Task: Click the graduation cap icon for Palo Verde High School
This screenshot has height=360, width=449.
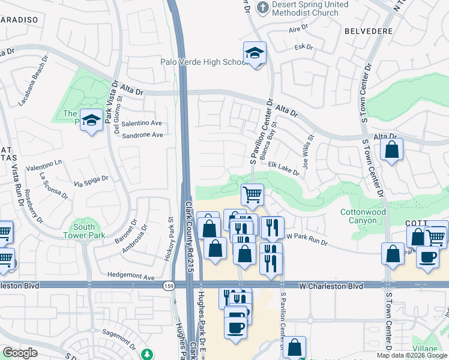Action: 254,53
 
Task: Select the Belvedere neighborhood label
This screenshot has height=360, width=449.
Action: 369,31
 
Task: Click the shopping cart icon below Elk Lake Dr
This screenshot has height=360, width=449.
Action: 252,194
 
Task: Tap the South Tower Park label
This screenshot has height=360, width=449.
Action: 84,231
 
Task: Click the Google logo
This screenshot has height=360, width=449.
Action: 20,352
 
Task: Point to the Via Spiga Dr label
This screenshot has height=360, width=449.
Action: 91,178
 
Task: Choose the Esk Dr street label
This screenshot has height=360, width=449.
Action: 304,47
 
